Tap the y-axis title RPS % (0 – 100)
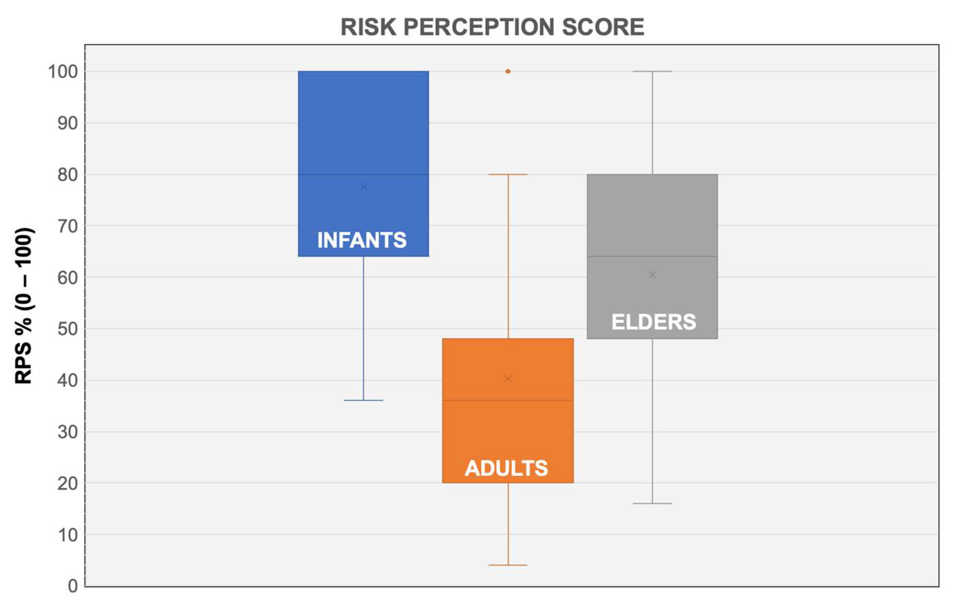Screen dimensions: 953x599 [x=23, y=306]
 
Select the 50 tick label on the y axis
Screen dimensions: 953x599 [x=68, y=329]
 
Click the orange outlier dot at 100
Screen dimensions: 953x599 [x=508, y=71]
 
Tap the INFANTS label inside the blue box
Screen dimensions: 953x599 [x=362, y=240]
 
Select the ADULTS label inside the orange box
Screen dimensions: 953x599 [x=507, y=468]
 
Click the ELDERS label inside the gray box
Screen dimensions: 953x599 [x=654, y=322]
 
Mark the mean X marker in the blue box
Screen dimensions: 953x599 [x=364, y=187]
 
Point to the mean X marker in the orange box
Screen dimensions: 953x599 [x=508, y=379]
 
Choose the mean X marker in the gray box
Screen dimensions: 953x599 [x=652, y=275]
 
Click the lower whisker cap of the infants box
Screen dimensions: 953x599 [x=363, y=400]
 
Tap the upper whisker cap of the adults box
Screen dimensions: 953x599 [x=508, y=174]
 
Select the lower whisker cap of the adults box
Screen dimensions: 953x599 [x=508, y=565]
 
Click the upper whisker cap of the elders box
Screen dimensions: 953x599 [x=652, y=71]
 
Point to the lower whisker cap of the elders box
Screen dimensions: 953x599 [x=652, y=504]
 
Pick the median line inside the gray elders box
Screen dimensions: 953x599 [x=652, y=256]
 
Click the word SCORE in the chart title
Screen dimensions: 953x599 [x=603, y=27]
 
